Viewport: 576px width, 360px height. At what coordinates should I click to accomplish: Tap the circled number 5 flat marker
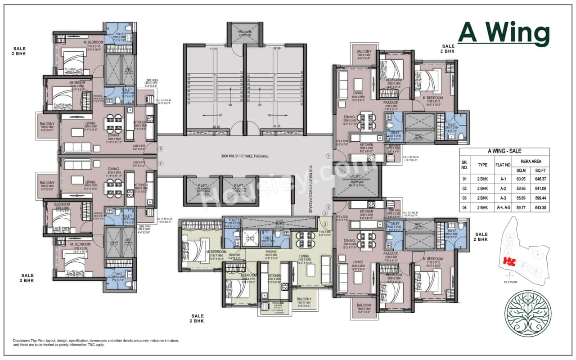pos(161,149)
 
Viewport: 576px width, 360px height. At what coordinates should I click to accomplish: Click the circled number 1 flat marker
pos(328,156)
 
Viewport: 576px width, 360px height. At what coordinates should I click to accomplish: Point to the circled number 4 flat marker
pos(161,163)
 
